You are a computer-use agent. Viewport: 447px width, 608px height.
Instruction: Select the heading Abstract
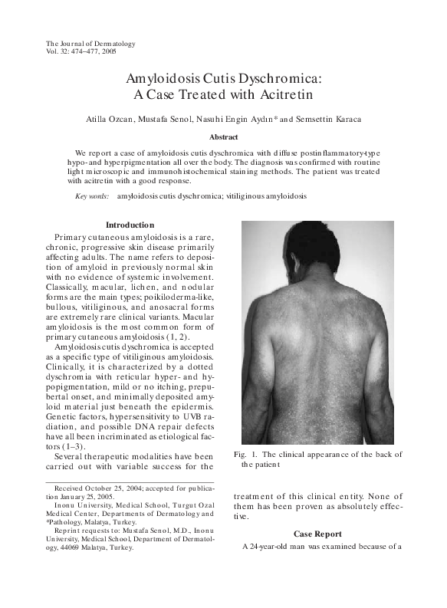[x=224, y=136]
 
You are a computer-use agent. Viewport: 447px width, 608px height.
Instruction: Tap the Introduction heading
[x=130, y=225]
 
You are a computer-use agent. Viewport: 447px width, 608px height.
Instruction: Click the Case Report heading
[x=317, y=533]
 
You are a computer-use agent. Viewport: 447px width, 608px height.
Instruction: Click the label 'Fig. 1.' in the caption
[x=245, y=455]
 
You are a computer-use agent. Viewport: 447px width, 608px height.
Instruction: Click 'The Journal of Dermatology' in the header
[x=90, y=44]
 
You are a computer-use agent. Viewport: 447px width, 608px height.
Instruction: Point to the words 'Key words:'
[x=92, y=196]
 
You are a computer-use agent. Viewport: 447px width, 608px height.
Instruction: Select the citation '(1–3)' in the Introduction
[x=80, y=446]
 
